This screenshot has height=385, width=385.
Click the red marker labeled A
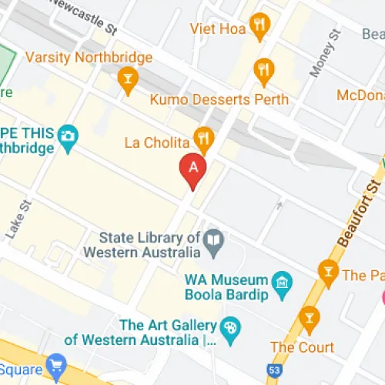(x=192, y=168)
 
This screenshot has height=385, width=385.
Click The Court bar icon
(x=310, y=316)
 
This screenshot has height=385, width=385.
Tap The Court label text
(x=303, y=347)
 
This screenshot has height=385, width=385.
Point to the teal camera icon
(x=69, y=136)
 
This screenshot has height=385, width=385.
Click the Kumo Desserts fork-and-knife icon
(x=265, y=71)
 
